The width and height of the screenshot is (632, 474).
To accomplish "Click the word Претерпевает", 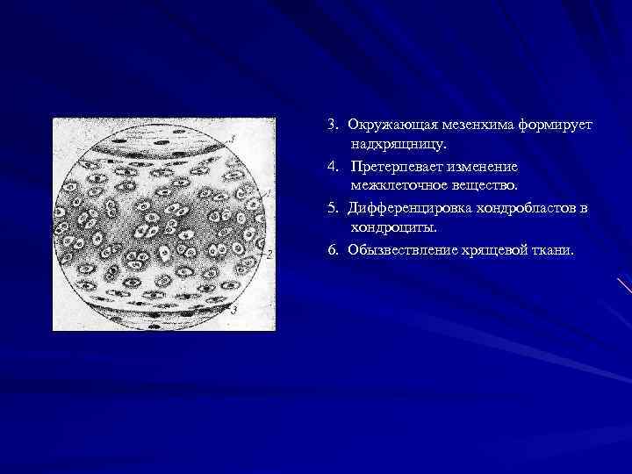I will (x=395, y=166).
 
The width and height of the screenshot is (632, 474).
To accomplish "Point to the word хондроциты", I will (x=391, y=227).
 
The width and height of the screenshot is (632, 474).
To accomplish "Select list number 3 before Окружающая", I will (x=333, y=126).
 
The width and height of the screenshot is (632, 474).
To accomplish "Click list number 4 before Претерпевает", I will (x=333, y=166).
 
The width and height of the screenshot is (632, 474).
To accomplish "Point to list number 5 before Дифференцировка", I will (x=333, y=209).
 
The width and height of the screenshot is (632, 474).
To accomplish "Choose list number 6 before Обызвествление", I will (x=333, y=249).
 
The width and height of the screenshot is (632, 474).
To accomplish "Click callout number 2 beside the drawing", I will (x=270, y=254).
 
